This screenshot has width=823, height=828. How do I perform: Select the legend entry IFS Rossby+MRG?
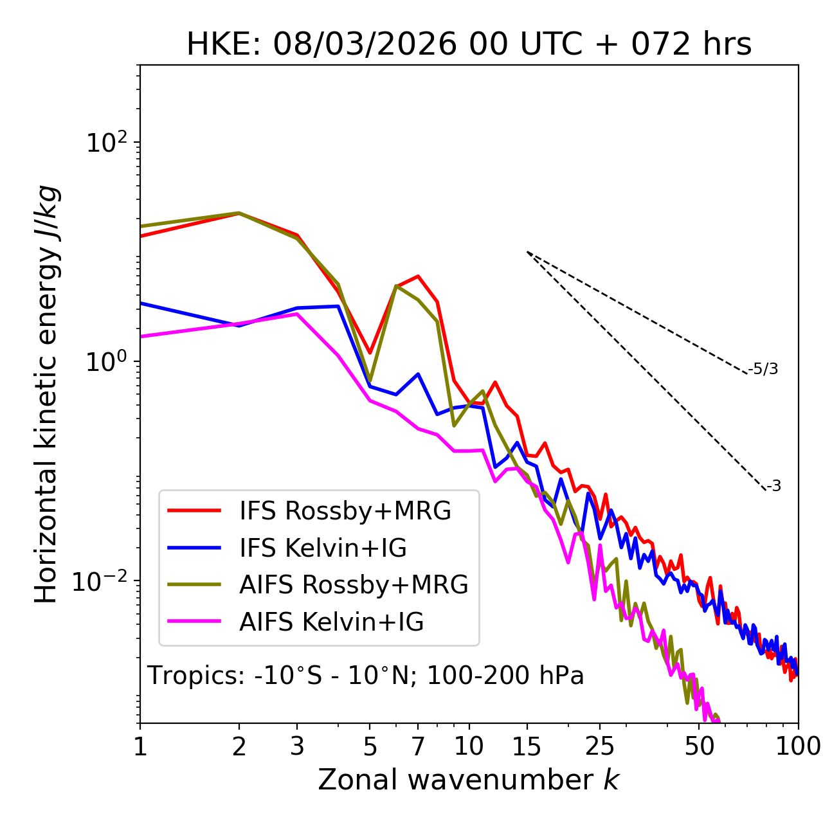(x=345, y=511)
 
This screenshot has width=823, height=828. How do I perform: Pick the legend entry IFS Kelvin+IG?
(x=323, y=548)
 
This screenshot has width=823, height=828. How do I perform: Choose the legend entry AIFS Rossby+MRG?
(x=354, y=585)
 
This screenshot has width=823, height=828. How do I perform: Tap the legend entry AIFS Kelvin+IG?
(x=331, y=622)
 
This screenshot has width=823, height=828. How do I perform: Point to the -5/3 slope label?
(x=763, y=369)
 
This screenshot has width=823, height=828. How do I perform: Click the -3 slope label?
(x=773, y=487)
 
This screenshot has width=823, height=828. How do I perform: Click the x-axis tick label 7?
(x=418, y=746)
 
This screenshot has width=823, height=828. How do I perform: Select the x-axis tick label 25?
(x=599, y=746)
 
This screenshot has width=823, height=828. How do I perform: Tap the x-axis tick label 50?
(x=699, y=746)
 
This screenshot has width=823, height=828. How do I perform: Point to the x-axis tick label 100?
(x=798, y=746)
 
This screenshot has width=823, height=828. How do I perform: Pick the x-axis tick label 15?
(x=527, y=746)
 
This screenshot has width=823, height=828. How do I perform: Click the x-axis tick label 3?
(x=297, y=746)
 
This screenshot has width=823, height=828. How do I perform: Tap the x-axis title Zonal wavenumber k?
(x=469, y=780)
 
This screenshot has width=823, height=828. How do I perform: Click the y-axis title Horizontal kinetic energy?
(x=47, y=395)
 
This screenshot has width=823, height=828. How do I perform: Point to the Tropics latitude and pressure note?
(x=366, y=676)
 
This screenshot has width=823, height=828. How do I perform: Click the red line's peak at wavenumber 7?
(x=418, y=276)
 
